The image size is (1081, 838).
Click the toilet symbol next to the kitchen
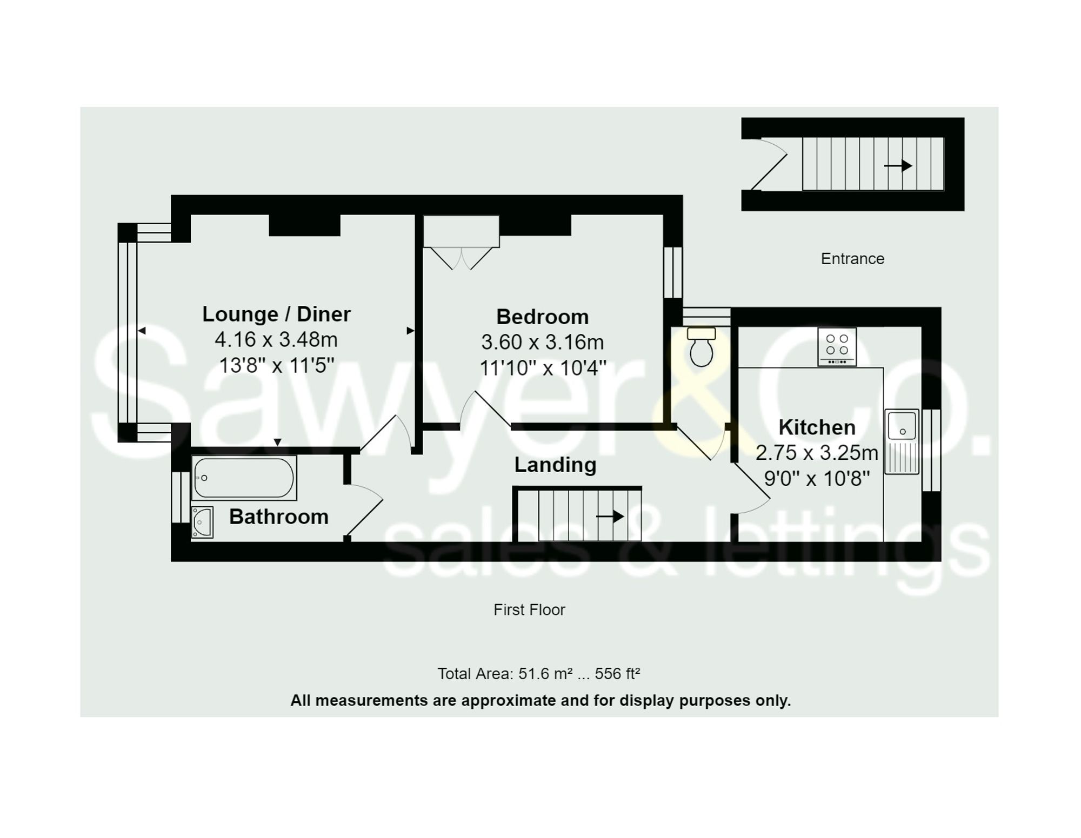[701, 348]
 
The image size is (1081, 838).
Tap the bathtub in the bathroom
[244, 478]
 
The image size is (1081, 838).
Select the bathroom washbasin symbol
[202, 522]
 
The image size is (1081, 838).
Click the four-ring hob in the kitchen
[837, 346]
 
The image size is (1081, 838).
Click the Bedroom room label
[542, 317]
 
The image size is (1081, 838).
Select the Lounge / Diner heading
[276, 314]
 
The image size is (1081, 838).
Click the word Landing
[555, 465]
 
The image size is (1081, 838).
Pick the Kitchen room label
[817, 427]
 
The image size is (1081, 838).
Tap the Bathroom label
[279, 517]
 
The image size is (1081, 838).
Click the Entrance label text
[852, 259]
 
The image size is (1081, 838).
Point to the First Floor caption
[529, 609]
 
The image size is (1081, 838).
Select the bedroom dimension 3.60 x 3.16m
[542, 342]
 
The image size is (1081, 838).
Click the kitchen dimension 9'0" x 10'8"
[817, 478]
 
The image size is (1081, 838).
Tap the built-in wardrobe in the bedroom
[461, 232]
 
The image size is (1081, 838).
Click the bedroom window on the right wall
[673, 272]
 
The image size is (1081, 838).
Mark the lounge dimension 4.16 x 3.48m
[276, 340]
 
